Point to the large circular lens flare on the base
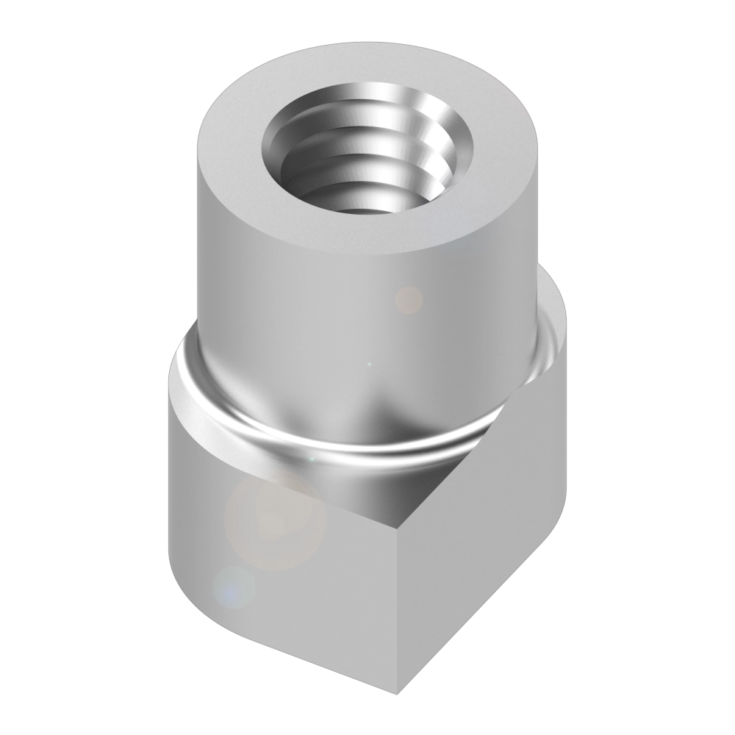273,522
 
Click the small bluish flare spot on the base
234,588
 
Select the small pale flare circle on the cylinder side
409,299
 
